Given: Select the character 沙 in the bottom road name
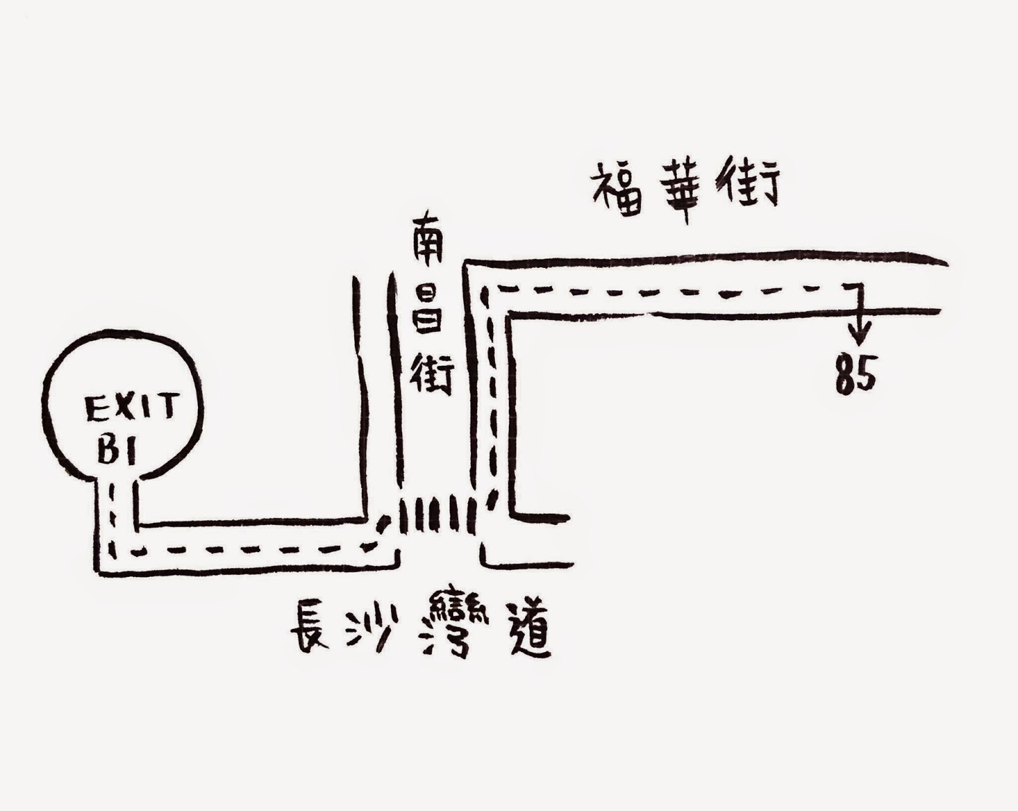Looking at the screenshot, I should [x=372, y=627].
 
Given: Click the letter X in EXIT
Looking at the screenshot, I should [x=126, y=408].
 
